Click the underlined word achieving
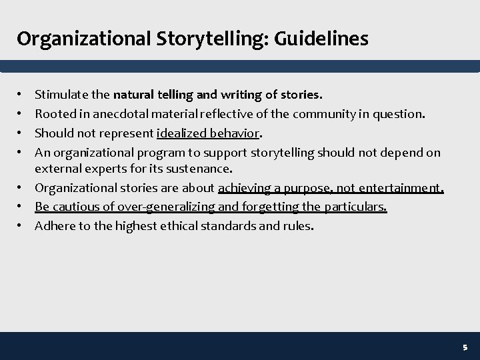242,188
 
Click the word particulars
355,207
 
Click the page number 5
465,347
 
